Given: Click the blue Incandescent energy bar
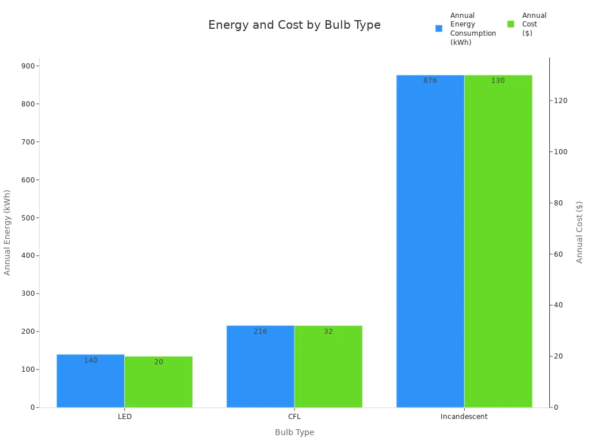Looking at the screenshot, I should [x=430, y=241].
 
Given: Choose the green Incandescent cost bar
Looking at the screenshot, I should [x=498, y=241].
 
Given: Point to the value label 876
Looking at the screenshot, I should [x=430, y=81].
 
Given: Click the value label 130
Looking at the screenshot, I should [x=498, y=81].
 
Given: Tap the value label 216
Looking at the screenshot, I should [x=260, y=331].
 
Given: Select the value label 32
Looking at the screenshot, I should [x=328, y=331].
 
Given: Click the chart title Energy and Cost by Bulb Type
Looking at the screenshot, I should [x=294, y=25].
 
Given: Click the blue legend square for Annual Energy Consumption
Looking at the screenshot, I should [x=439, y=28].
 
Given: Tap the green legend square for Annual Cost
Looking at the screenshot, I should [x=510, y=24].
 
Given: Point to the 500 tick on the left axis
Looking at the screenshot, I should [x=28, y=218].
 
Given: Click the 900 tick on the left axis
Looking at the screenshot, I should [x=28, y=66].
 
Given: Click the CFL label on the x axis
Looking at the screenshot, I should [x=294, y=417].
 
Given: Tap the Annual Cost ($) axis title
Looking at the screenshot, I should [x=579, y=232].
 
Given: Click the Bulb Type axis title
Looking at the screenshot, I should [x=294, y=432].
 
